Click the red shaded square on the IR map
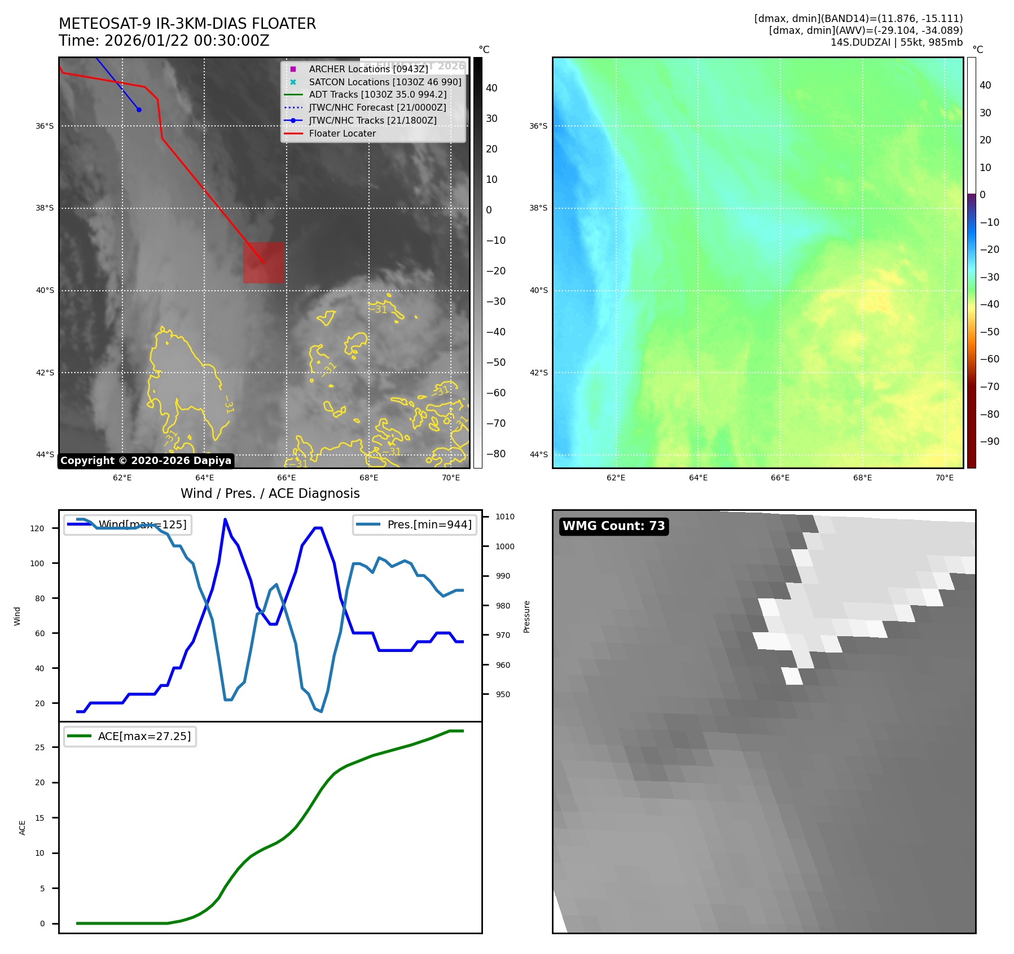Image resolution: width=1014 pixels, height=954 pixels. (x=264, y=262)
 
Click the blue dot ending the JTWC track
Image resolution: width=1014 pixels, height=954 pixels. (x=139, y=110)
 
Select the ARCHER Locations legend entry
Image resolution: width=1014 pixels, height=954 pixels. (x=368, y=69)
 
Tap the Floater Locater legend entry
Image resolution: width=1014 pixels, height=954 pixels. (x=342, y=133)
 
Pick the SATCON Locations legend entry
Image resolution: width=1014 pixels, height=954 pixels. (x=385, y=82)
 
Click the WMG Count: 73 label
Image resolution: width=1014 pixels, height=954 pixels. (x=613, y=526)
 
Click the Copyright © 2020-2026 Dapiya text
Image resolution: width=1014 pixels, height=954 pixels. (x=146, y=461)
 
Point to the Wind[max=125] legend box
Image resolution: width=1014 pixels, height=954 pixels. (x=128, y=524)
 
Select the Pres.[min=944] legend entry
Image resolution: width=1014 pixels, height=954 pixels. (x=415, y=524)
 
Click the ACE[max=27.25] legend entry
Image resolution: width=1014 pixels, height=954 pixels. (x=130, y=736)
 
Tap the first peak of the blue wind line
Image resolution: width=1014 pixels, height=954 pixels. (x=225, y=519)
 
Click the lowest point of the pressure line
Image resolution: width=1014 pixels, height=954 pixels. (x=321, y=711)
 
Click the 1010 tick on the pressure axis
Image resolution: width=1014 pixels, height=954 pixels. (x=505, y=517)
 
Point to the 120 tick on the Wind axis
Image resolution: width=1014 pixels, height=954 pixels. (x=37, y=528)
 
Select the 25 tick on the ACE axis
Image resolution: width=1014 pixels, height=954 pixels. (x=39, y=747)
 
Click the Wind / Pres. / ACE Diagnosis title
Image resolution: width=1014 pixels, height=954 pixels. (x=270, y=493)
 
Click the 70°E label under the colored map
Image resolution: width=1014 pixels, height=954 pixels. (x=944, y=478)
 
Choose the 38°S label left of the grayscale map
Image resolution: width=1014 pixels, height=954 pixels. (x=45, y=208)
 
